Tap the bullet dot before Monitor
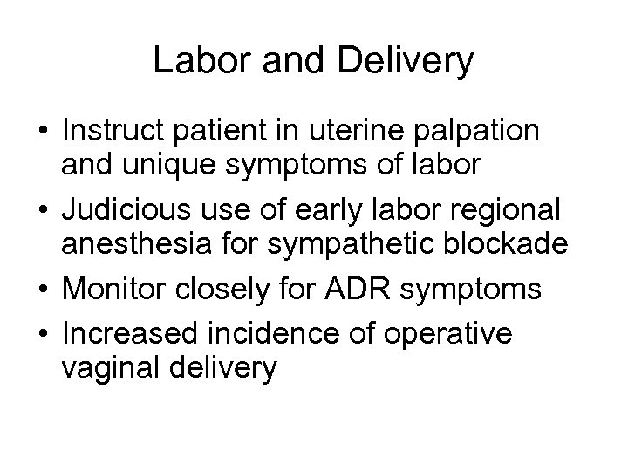click(40, 288)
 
